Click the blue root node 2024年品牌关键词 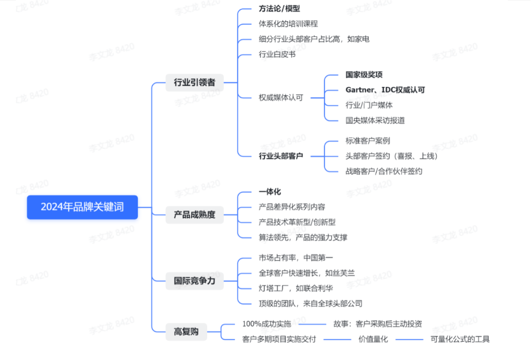(x=82, y=207)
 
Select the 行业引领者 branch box (x=194, y=82)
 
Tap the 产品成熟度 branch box (x=194, y=214)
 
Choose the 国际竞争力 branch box (x=194, y=281)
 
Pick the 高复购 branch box (x=186, y=331)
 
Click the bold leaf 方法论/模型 (x=280, y=9)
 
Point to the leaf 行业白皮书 (x=277, y=54)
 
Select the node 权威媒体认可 (x=281, y=98)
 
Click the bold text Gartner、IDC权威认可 (x=385, y=90)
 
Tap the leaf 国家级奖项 (x=364, y=75)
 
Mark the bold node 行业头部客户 (x=281, y=156)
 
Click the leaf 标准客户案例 (x=368, y=141)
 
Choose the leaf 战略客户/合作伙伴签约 (x=384, y=171)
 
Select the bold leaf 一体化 (x=270, y=192)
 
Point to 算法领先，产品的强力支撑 (x=303, y=237)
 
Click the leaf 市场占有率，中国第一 (x=295, y=258)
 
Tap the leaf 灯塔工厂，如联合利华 (x=295, y=289)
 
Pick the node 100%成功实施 (x=266, y=324)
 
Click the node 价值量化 (x=373, y=339)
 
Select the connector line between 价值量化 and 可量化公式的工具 (x=409, y=339)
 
